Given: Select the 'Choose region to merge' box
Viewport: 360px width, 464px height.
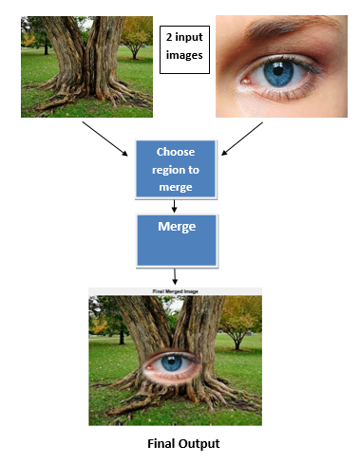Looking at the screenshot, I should tap(176, 169).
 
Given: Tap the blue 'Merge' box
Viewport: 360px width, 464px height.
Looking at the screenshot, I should tap(178, 240).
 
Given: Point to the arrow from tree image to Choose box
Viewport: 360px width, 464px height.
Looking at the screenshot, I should tap(104, 138).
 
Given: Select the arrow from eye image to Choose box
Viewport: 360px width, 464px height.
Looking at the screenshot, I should tap(244, 138).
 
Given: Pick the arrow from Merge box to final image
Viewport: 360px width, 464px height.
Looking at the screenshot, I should tap(177, 277).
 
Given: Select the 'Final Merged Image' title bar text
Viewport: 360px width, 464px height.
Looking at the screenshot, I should tap(175, 290).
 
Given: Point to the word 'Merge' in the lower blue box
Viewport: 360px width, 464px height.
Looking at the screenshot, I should tap(177, 228).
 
